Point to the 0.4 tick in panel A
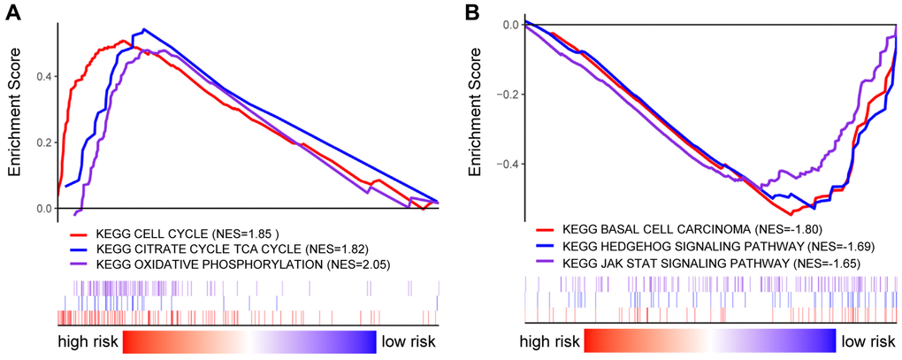[x=42, y=76]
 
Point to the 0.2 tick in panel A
[x=42, y=142]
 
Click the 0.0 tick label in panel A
[x=42, y=209]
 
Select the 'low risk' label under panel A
[x=409, y=341]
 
